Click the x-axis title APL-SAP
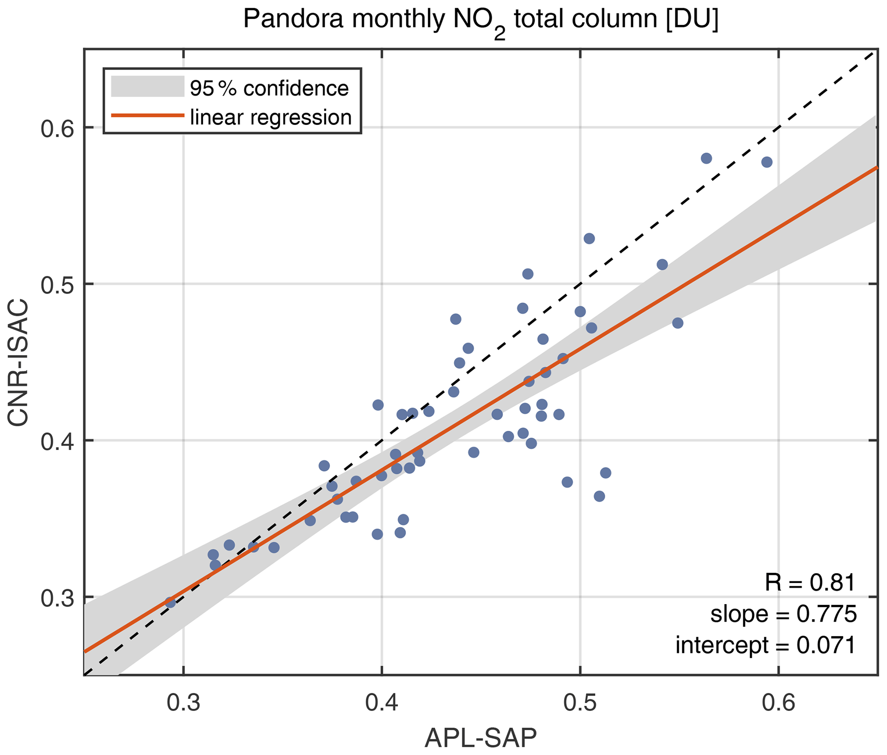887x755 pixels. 481,738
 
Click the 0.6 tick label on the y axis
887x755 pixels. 57,128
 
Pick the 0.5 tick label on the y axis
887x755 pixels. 57,284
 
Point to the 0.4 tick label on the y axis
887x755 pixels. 57,441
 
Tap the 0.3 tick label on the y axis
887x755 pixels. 57,597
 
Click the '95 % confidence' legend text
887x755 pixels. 269,88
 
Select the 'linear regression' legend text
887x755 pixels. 270,117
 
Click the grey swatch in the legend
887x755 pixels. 147,86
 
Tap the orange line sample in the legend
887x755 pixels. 147,115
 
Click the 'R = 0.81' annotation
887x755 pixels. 810,583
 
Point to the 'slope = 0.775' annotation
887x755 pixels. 784,614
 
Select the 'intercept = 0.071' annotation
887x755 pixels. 766,645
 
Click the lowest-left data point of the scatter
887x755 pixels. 170,603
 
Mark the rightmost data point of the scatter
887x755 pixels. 767,162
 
